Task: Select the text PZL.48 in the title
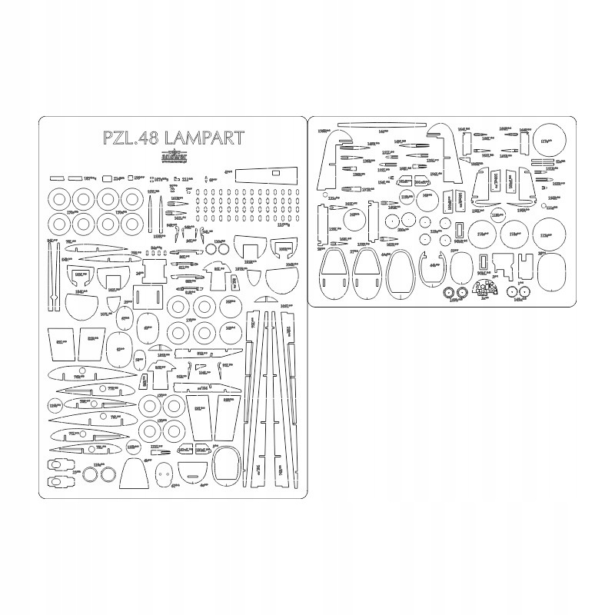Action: (x=127, y=138)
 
